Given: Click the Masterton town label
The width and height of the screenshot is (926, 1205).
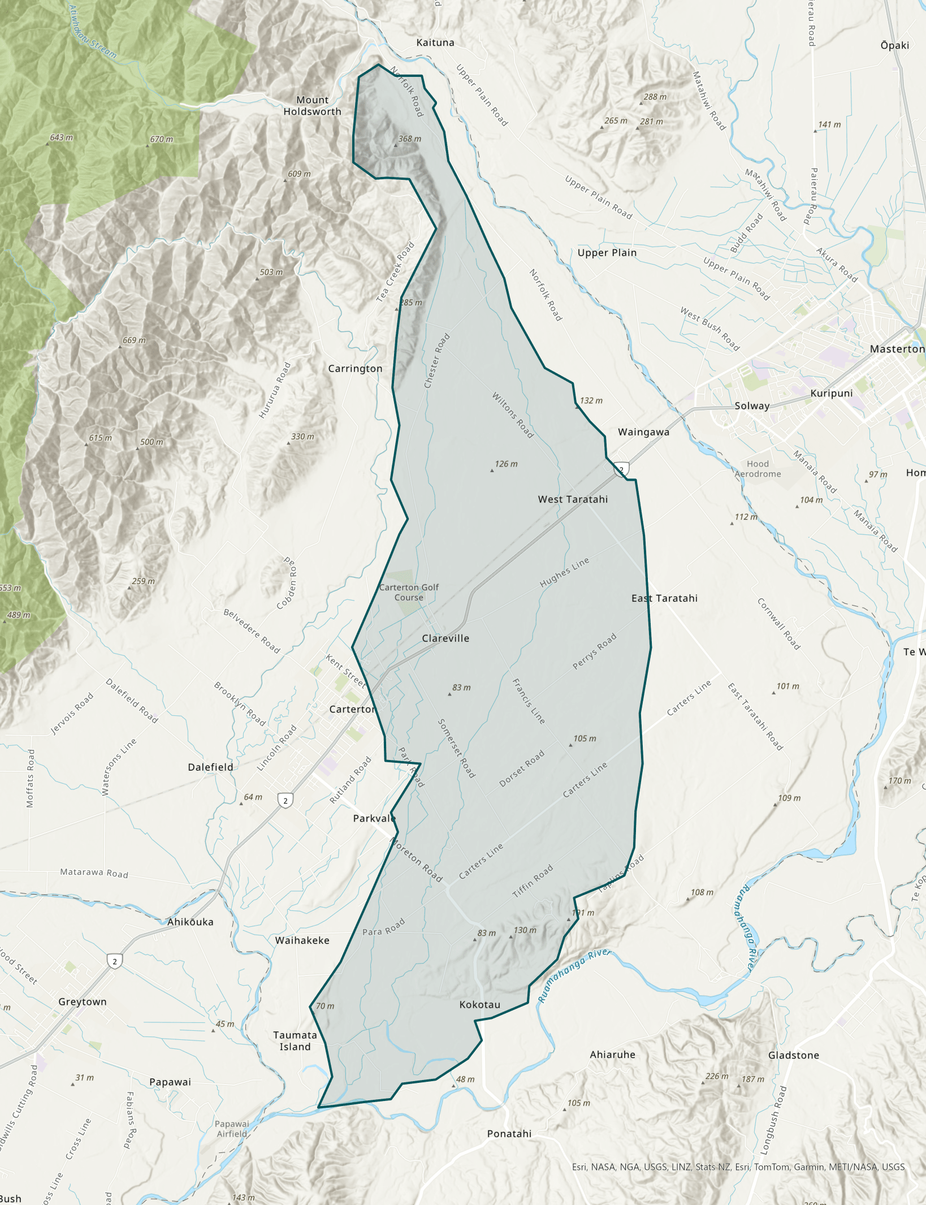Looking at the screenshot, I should pos(897,349).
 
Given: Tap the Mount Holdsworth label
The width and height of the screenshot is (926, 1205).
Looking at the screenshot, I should pos(312,106).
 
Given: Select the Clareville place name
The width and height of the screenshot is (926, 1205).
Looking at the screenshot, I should pos(445,638).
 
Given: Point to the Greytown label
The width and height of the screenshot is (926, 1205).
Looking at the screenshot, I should pos(83,1001).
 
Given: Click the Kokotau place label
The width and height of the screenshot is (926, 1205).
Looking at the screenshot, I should pos(479,1004).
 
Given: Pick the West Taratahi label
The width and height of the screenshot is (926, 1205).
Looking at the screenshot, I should pos(573,499).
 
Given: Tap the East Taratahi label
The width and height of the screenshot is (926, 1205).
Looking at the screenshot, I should pos(664,598).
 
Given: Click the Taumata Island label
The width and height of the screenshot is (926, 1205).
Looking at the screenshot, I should pos(295,1040).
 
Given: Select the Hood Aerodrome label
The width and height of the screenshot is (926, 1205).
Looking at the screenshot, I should pos(758,469).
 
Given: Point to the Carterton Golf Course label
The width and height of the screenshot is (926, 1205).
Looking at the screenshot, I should pos(409,592).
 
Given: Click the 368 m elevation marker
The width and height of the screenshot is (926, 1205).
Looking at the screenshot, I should pos(409,139).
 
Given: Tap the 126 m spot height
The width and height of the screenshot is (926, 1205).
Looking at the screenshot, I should pos(505,464).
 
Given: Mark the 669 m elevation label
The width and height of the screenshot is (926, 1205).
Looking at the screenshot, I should pos(133,340).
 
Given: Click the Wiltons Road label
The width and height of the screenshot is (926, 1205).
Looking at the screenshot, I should pos(512,414).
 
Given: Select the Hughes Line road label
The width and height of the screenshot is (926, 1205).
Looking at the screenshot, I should pos(564,572).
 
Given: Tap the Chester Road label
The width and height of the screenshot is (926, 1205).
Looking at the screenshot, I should pos(437,360).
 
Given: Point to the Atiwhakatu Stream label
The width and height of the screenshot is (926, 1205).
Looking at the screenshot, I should pos(93,33).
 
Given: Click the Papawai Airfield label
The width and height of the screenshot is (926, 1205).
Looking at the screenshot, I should pos(232,1129).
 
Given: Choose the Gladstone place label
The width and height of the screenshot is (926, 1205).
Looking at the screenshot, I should pos(793,1055).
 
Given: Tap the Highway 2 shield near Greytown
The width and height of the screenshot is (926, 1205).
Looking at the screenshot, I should pos(115,961).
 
